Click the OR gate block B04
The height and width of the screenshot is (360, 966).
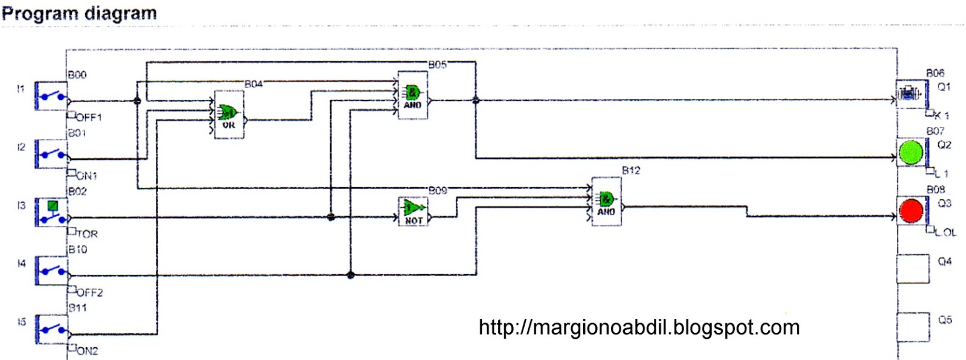point(229,115)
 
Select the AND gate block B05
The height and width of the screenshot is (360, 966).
point(412,95)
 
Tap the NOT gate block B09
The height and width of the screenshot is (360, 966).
point(414,211)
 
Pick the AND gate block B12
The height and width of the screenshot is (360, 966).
point(606,201)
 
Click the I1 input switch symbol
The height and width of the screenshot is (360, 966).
point(51,96)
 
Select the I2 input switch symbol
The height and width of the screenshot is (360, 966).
point(51,154)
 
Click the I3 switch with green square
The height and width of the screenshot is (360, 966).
point(51,212)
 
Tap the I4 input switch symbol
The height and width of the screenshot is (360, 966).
point(51,270)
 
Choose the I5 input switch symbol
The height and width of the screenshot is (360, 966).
point(51,329)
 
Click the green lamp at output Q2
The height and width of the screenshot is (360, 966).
point(911,152)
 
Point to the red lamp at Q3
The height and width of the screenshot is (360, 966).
point(911,210)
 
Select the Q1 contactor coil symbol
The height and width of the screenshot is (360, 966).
point(910,94)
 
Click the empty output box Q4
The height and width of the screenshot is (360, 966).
point(912,269)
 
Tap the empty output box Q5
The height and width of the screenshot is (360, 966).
point(912,327)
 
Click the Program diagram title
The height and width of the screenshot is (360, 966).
point(79,13)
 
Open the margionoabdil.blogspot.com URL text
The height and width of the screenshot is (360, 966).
point(639,327)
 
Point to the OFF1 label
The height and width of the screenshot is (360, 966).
point(89,117)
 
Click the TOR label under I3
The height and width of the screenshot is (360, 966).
point(87,234)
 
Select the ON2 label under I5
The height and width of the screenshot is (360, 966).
point(87,351)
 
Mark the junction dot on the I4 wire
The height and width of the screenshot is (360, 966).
point(350,275)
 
